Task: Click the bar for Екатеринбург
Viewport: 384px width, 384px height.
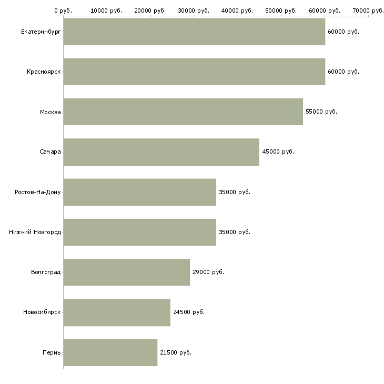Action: (194, 32)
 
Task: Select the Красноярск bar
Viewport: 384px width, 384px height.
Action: (194, 72)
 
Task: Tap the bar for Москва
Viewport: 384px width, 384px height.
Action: (183, 112)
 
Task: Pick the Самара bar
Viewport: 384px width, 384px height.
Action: (161, 152)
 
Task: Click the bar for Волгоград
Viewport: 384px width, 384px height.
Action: (127, 272)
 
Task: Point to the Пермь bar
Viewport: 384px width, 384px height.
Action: (110, 352)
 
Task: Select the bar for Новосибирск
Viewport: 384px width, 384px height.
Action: (117, 312)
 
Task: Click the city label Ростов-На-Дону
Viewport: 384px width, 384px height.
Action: (38, 192)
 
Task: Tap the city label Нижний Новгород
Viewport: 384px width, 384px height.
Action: (35, 232)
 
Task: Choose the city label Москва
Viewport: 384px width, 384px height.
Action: (50, 112)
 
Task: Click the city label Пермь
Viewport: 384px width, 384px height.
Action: (52, 352)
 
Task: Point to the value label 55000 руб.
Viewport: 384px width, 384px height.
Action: (321, 112)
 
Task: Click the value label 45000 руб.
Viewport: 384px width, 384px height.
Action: (278, 151)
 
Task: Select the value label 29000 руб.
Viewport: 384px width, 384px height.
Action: (208, 272)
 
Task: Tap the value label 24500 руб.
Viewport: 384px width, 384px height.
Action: (189, 312)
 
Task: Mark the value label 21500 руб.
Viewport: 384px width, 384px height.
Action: (176, 352)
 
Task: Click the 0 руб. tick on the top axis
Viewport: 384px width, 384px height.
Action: (63, 11)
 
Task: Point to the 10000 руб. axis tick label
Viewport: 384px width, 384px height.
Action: (106, 11)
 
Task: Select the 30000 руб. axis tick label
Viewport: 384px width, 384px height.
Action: (194, 11)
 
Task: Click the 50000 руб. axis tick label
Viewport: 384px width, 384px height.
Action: (281, 11)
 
